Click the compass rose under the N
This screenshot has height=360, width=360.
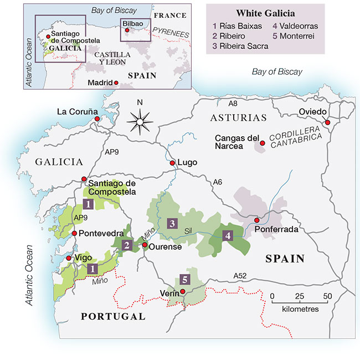(140, 120)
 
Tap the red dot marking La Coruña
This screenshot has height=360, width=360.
(97, 119)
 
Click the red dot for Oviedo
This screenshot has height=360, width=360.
(327, 122)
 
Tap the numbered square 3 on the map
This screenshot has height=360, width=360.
(173, 224)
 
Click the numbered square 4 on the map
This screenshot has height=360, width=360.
(228, 235)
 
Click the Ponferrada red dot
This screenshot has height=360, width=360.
(256, 220)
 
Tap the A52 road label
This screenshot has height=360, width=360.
(240, 275)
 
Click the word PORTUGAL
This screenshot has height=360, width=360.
(113, 317)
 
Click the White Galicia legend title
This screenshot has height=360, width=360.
(265, 13)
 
